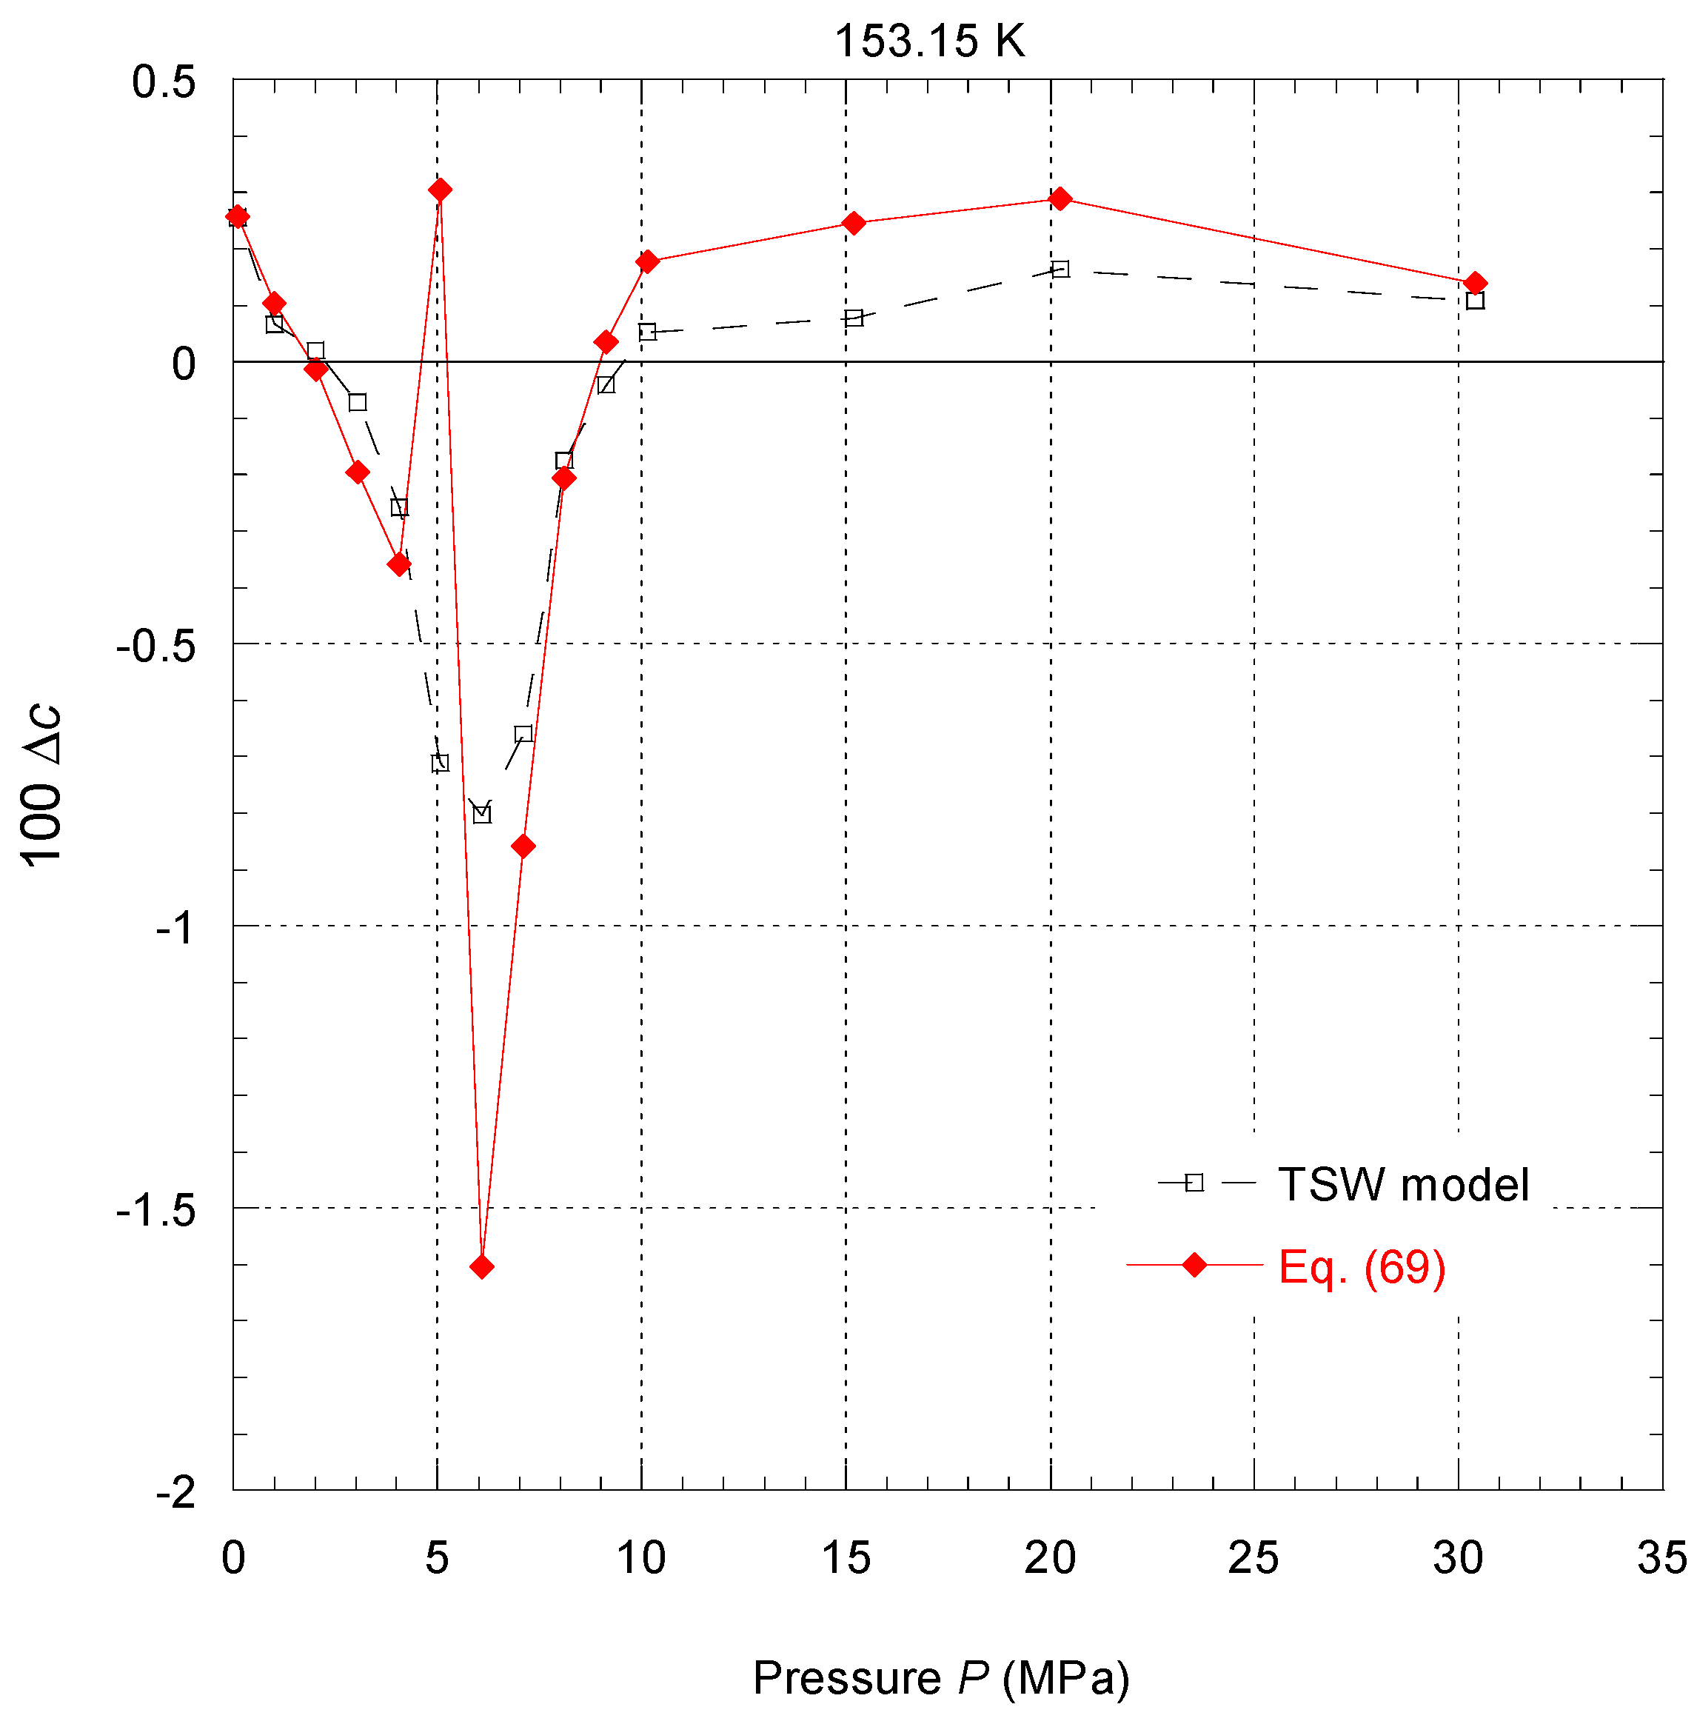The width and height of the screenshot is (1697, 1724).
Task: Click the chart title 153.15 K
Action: [x=930, y=41]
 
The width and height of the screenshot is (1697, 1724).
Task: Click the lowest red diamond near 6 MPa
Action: [x=481, y=1266]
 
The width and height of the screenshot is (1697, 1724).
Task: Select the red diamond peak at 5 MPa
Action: [x=439, y=190]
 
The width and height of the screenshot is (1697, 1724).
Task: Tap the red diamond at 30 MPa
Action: [x=1475, y=284]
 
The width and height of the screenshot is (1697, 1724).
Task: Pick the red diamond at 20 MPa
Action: [x=1060, y=198]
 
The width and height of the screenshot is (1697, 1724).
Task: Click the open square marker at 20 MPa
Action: [x=1060, y=268]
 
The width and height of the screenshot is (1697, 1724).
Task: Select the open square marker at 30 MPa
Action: [x=1475, y=301]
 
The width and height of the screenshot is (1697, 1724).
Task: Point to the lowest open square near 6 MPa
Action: [x=481, y=814]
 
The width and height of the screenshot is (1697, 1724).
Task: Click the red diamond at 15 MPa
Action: [x=854, y=223]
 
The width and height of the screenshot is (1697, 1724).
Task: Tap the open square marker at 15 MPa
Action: [x=854, y=318]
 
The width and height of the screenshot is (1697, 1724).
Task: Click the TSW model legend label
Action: [x=1403, y=1185]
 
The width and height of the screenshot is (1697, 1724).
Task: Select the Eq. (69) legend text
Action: [x=1361, y=1266]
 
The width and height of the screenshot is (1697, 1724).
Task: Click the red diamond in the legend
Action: [x=1194, y=1265]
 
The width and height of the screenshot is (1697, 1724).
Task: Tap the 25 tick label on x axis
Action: [x=1253, y=1559]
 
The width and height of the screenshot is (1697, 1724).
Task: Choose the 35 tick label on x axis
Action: [x=1661, y=1559]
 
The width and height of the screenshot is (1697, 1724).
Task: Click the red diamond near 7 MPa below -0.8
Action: [x=523, y=846]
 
